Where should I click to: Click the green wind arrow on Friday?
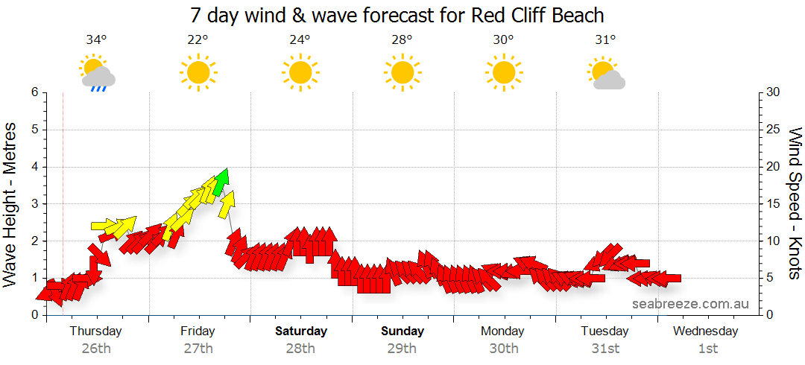tap(220, 182)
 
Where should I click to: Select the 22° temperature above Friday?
tap(198, 40)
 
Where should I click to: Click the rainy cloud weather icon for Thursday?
tap(97, 74)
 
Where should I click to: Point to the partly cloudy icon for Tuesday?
tap(605, 74)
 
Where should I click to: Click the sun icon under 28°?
tap(402, 73)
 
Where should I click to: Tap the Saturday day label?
tap(300, 331)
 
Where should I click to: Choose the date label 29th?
tap(402, 348)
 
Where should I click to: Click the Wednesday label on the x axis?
tap(706, 331)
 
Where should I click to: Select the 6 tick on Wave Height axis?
tap(34, 92)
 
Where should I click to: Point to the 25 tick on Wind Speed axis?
tap(774, 130)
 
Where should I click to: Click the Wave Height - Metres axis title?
tap(10, 205)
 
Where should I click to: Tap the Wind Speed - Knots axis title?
tap(795, 203)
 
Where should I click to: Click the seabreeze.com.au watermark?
tap(689, 304)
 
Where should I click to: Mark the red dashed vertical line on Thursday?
tap(63, 186)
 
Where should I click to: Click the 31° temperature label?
tap(604, 40)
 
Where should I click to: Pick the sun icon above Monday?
tap(503, 73)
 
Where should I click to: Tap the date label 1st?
tap(707, 348)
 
